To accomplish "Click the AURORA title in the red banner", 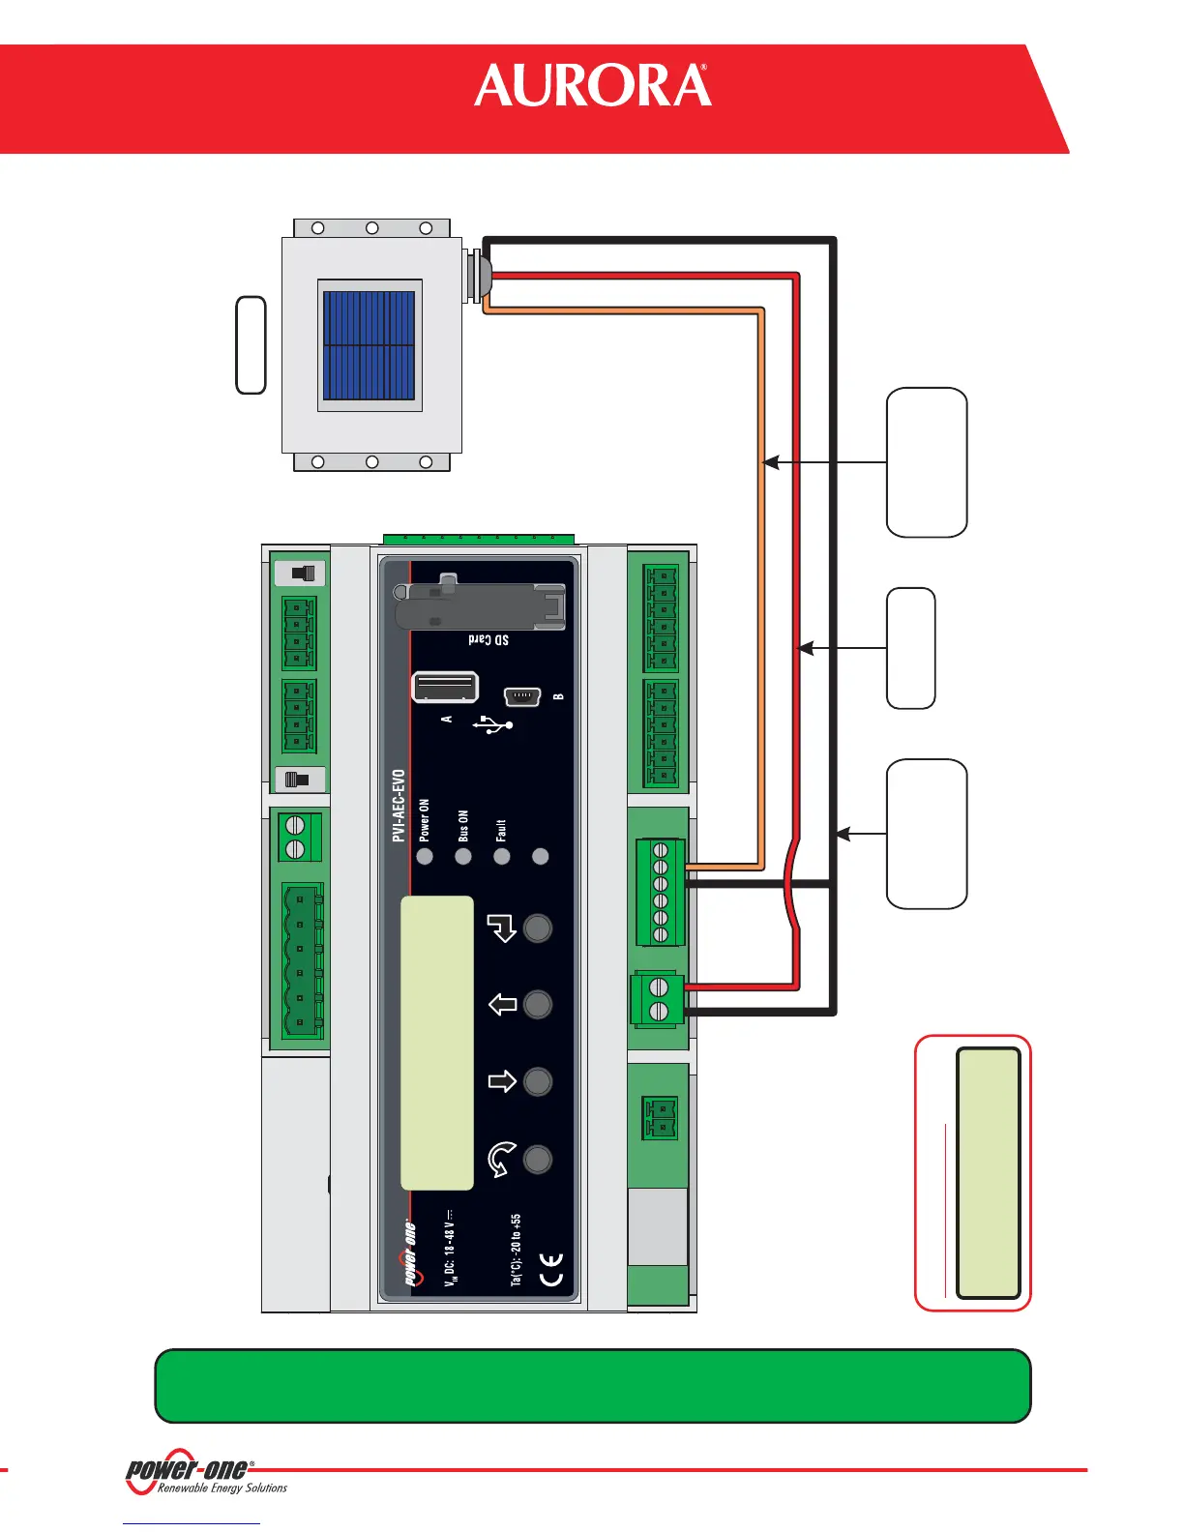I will (592, 86).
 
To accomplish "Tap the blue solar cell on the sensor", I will (369, 345).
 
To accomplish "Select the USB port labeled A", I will (445, 687).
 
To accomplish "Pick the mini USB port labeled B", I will (522, 696).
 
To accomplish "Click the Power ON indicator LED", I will (425, 856).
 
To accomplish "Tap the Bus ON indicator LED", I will (463, 856).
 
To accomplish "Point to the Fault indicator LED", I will (501, 856).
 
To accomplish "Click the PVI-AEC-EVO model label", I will (399, 806).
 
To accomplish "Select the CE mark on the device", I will (550, 1269).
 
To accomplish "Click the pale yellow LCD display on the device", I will (437, 1043).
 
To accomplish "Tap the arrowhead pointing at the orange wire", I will (770, 463).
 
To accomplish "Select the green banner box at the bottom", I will (592, 1385).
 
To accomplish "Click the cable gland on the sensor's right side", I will (477, 275).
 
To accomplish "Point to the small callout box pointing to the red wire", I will (910, 648).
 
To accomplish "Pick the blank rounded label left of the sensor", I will (252, 345).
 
